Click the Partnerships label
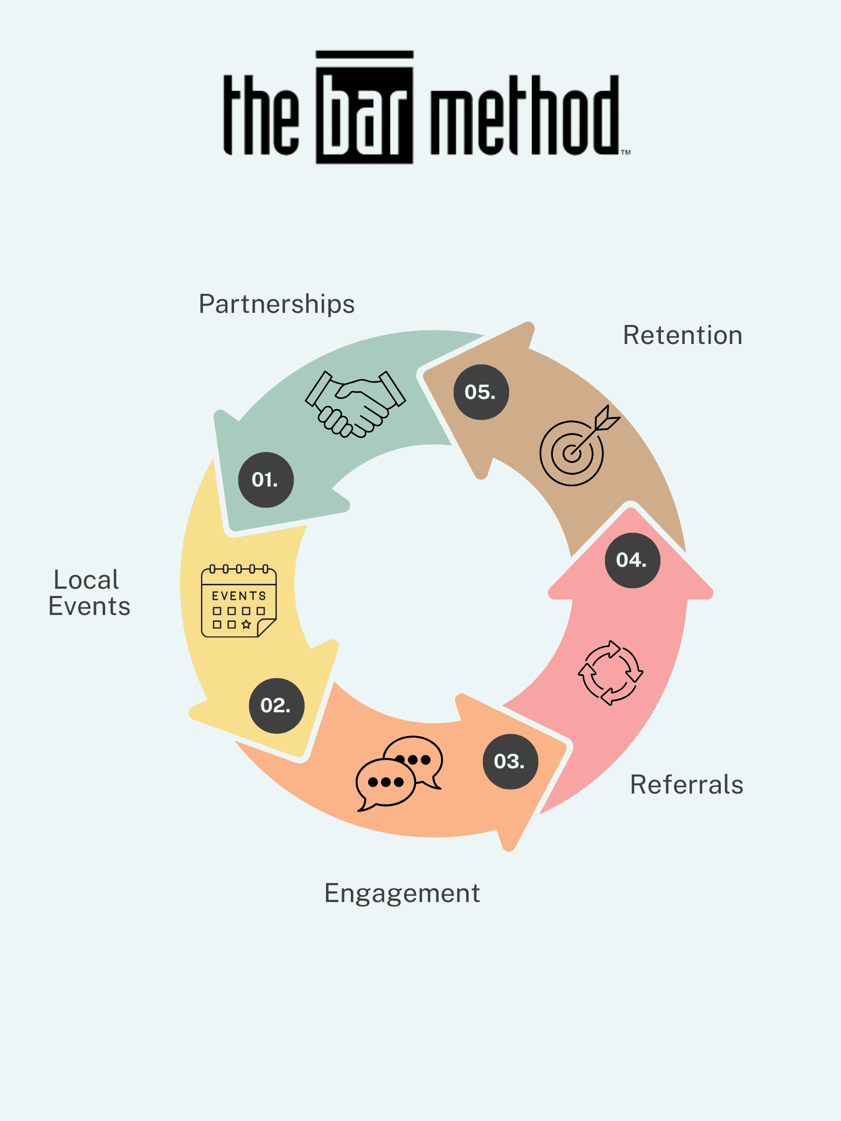point(276,305)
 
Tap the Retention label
point(682,336)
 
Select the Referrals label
point(686,785)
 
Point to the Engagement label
point(402,893)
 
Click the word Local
point(86,580)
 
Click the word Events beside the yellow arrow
point(89,607)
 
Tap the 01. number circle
point(266,479)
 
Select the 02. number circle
point(276,705)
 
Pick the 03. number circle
point(510,761)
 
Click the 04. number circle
point(632,560)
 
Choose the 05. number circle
point(480,392)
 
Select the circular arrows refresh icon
point(610,672)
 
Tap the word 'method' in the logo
point(525,115)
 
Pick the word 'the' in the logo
point(261,115)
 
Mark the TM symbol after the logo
point(626,151)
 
